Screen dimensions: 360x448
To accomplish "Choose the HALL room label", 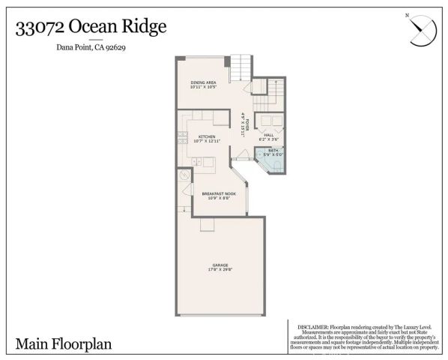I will tap(267, 135).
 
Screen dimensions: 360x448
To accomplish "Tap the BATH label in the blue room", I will tap(273, 150).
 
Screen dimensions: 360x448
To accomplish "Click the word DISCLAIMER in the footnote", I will tap(312, 328).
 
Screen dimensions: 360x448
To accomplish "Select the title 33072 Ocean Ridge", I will tap(91, 28).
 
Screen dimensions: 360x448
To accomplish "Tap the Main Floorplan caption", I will tap(63, 344).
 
